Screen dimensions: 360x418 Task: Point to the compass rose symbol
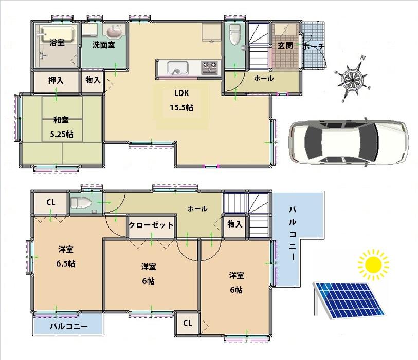[353, 79]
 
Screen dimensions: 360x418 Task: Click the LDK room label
[182, 93]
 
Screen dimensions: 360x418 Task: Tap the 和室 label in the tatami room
[61, 121]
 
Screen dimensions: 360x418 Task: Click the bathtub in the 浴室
[56, 35]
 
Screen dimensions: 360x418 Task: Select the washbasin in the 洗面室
[116, 33]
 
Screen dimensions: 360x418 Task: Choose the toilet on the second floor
[80, 202]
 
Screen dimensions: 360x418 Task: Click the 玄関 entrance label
[285, 45]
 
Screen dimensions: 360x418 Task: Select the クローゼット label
[151, 225]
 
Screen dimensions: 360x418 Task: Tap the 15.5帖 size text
[182, 108]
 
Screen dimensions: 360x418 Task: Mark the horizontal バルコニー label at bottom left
[68, 326]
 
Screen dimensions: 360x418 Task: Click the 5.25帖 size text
[61, 135]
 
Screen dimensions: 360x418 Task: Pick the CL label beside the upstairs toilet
[51, 202]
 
